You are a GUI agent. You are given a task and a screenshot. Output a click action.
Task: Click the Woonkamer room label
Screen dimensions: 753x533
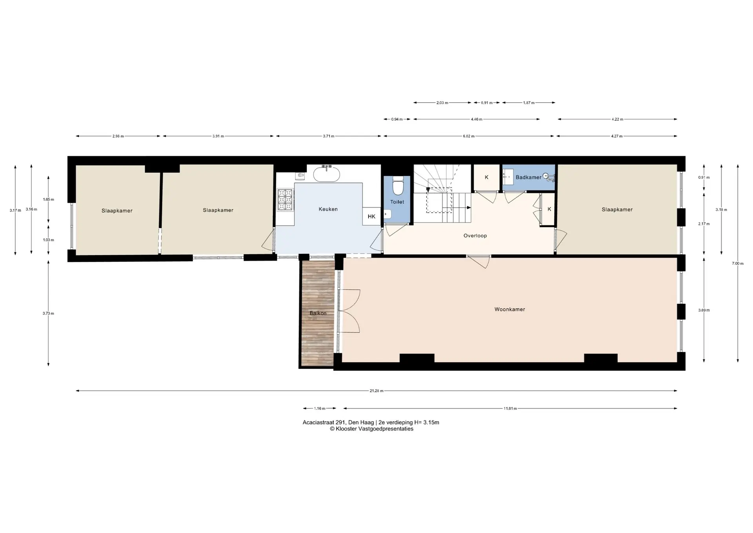509,309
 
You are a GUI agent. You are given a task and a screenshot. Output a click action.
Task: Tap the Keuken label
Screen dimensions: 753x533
328,209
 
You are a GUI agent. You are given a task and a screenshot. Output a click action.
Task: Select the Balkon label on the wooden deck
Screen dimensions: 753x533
318,313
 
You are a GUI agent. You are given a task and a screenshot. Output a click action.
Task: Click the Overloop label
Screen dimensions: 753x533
475,236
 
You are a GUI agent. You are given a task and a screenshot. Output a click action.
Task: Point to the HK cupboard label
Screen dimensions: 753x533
371,217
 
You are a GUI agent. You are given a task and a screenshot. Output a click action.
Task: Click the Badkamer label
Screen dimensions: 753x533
528,177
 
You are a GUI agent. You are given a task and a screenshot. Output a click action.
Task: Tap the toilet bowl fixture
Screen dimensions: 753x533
398,186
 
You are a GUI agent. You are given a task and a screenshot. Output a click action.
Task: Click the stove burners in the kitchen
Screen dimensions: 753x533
285,200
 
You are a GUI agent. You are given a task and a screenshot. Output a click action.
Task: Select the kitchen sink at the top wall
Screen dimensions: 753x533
326,173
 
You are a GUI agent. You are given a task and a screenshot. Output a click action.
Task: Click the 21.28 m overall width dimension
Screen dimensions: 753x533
376,391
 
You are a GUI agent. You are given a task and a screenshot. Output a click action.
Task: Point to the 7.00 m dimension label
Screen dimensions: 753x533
738,263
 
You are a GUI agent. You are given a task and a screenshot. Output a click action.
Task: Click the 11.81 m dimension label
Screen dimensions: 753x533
510,409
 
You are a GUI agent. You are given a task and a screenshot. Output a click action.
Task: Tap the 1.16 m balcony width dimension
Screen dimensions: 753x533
320,409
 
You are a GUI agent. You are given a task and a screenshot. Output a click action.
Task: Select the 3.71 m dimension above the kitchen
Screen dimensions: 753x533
329,136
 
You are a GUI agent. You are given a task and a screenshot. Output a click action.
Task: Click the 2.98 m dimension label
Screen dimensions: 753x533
118,136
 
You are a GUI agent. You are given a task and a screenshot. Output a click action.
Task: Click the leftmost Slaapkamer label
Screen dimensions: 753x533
117,211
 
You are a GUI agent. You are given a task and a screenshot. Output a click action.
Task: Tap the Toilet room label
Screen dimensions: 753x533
397,202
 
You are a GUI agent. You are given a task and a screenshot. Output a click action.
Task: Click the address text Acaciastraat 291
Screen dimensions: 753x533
324,423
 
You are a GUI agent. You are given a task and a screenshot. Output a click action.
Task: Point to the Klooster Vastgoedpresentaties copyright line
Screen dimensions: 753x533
371,429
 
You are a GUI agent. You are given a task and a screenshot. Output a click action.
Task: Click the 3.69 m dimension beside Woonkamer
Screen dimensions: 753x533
704,310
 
